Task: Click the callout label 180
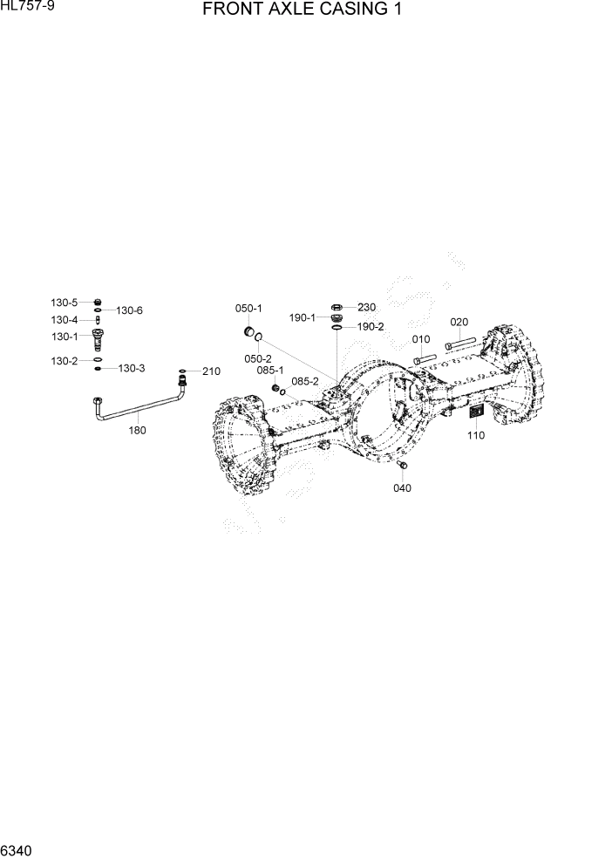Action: pyautogui.click(x=137, y=430)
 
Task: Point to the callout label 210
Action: pyautogui.click(x=211, y=371)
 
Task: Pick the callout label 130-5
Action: pyautogui.click(x=64, y=303)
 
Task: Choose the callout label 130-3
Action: pyautogui.click(x=131, y=369)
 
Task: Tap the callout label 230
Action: pyautogui.click(x=366, y=307)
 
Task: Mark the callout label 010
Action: pyautogui.click(x=421, y=338)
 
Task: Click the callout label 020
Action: pyautogui.click(x=459, y=322)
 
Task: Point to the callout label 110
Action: pyautogui.click(x=476, y=435)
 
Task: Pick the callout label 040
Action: pyautogui.click(x=402, y=487)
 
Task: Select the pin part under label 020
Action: pyautogui.click(x=459, y=342)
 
